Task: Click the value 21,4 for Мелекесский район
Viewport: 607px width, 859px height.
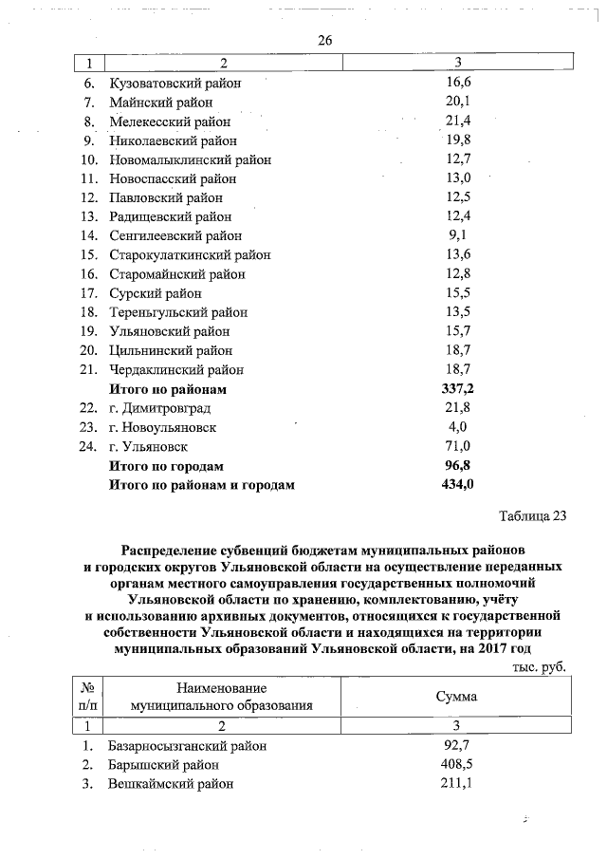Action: click(x=458, y=121)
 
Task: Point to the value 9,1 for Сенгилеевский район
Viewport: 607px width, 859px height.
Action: click(x=458, y=235)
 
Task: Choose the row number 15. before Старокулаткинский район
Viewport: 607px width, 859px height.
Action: click(x=90, y=255)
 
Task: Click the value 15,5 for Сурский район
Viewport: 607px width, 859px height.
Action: click(x=458, y=293)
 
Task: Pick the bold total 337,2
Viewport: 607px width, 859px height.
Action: click(x=458, y=389)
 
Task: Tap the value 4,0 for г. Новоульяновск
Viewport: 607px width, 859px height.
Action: click(x=458, y=427)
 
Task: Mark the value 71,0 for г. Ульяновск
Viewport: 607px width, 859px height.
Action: click(x=458, y=446)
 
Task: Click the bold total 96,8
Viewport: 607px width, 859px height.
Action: click(x=458, y=466)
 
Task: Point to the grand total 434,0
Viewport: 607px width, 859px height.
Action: click(x=458, y=485)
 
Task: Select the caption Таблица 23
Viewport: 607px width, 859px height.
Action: click(x=532, y=516)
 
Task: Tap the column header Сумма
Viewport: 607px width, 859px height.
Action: click(x=456, y=697)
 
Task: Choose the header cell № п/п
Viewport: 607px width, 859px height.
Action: click(x=87, y=697)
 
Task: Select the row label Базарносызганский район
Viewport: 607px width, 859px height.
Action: click(x=187, y=746)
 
